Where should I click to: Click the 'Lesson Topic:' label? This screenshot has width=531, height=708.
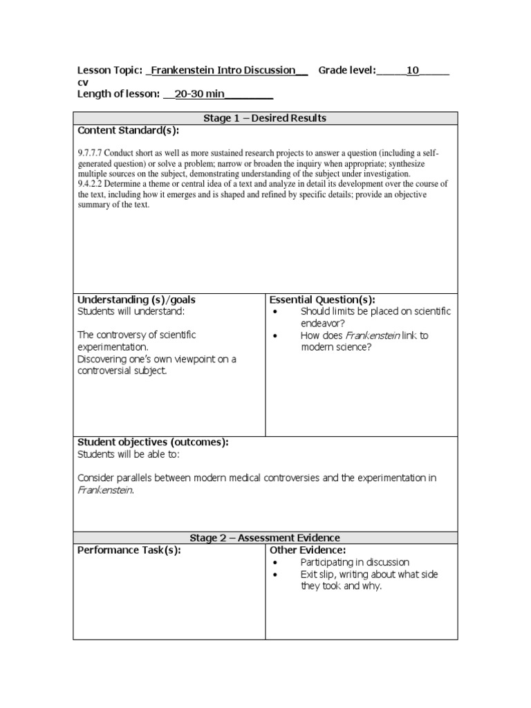point(110,71)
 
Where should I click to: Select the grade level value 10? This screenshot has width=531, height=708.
point(413,71)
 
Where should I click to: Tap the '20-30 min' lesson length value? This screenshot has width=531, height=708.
point(200,94)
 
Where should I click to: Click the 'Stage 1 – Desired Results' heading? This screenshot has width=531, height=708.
point(265,118)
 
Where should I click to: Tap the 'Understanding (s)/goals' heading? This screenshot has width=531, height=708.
point(136,299)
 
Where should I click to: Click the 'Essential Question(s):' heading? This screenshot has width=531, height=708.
point(322,299)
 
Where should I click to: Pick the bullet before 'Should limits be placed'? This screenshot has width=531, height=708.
point(275,312)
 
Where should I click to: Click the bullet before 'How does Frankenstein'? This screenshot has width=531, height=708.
point(275,336)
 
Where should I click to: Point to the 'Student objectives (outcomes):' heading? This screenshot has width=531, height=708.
point(153,442)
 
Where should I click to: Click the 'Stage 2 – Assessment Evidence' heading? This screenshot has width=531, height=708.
point(265,537)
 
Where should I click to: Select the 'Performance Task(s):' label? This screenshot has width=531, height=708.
point(129,550)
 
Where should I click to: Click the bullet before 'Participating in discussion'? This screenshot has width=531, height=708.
point(275,563)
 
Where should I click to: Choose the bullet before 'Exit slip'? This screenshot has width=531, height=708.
point(275,575)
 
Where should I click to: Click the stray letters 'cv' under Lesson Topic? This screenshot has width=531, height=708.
point(82,82)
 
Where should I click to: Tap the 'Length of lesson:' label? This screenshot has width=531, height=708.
point(118,94)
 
